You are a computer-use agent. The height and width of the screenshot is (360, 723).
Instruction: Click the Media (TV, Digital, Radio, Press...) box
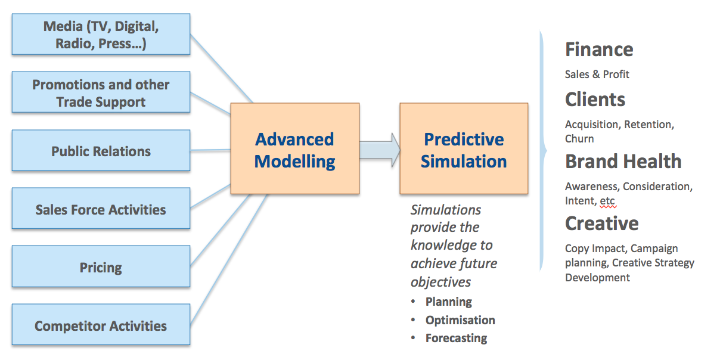click(x=101, y=34)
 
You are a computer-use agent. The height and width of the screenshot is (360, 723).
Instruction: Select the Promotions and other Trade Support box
click(x=101, y=92)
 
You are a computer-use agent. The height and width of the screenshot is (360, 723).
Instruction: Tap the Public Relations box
click(x=101, y=150)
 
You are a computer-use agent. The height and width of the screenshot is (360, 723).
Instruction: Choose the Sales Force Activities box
click(x=101, y=209)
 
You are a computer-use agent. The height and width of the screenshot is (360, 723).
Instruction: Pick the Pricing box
click(x=101, y=266)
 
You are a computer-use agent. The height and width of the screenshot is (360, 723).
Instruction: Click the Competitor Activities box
click(x=101, y=324)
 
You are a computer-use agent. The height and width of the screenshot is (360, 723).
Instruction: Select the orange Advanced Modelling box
click(x=295, y=148)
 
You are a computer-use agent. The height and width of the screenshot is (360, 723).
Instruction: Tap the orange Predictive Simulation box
click(x=464, y=148)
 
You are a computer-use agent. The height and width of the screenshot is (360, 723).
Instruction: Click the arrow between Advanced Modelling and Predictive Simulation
click(x=380, y=150)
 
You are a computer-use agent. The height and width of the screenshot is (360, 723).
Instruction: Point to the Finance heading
click(x=599, y=49)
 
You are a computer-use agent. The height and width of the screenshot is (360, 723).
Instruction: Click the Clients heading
click(x=595, y=99)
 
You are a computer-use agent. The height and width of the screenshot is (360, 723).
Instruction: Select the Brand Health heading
click(x=623, y=161)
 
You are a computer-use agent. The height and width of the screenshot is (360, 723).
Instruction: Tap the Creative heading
click(x=602, y=223)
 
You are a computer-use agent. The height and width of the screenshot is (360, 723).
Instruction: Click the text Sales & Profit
click(x=597, y=75)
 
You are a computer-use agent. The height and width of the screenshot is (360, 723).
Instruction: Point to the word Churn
click(x=579, y=139)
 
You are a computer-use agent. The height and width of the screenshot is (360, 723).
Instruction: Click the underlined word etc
click(x=607, y=201)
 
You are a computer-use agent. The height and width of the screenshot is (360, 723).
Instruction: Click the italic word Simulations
click(x=446, y=210)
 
